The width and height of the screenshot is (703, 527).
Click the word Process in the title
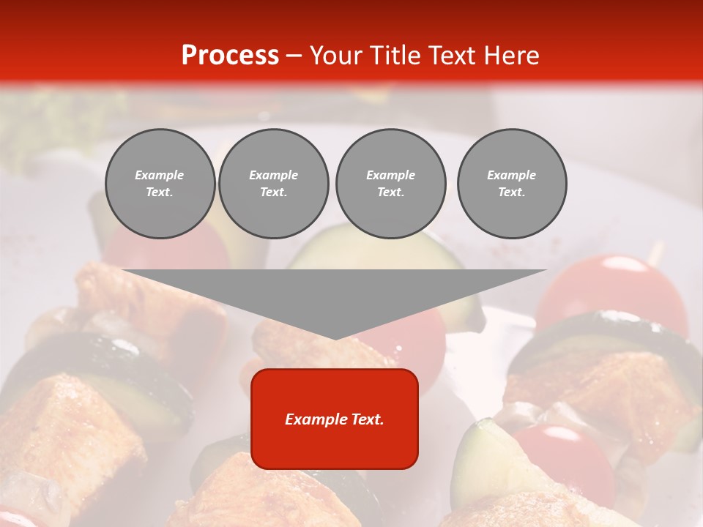click(230, 56)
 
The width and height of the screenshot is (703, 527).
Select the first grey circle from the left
click(160, 184)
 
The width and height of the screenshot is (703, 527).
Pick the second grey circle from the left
click(273, 184)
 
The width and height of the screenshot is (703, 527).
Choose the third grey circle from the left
click(390, 184)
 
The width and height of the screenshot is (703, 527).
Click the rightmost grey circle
click(511, 184)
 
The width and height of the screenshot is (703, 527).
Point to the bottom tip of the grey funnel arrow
click(335, 338)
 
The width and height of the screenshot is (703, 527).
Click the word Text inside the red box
click(367, 419)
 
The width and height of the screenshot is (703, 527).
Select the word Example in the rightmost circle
click(511, 175)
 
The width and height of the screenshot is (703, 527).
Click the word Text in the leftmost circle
click(160, 193)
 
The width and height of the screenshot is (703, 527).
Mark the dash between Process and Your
click(294, 56)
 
